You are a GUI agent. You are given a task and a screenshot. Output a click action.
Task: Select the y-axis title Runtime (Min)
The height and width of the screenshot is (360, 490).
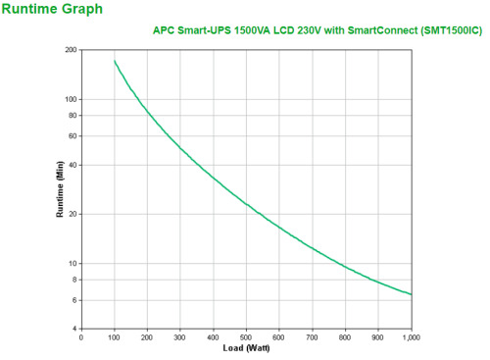pos(60,189)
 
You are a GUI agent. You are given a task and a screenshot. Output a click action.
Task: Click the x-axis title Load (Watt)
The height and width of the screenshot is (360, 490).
pos(246,349)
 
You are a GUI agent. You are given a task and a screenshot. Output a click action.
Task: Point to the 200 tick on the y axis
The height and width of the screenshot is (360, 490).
pos(71,49)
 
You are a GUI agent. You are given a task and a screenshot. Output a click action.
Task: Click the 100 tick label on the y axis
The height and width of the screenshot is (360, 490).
pos(71,99)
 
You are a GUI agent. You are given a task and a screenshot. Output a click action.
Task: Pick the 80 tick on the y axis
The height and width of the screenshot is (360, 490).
pos(73,116)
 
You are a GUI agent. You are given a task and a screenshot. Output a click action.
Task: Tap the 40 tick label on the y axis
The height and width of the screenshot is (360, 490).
pos(73,165)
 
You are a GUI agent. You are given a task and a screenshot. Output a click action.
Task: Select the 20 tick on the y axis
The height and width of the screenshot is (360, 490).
pos(73,214)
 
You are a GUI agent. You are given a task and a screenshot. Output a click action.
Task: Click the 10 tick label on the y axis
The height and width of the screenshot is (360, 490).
pos(73,263)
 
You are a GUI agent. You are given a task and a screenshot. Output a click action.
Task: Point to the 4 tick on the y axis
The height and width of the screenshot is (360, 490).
pos(74,329)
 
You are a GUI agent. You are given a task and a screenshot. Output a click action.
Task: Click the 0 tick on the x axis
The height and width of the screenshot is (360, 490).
pos(81,337)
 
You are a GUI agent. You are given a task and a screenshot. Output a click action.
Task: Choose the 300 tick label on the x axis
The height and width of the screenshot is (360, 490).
pos(180,337)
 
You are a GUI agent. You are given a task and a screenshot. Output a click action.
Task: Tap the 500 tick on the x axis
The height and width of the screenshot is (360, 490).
pos(246,337)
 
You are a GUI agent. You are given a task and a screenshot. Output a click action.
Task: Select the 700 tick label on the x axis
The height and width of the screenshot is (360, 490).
pos(313,337)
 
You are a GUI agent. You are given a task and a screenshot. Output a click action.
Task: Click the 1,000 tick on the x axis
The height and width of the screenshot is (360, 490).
pos(412,337)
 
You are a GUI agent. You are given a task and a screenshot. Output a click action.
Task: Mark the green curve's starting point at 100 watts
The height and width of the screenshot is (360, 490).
pos(115,61)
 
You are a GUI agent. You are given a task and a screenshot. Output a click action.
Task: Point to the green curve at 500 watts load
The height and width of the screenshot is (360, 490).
pos(246,204)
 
